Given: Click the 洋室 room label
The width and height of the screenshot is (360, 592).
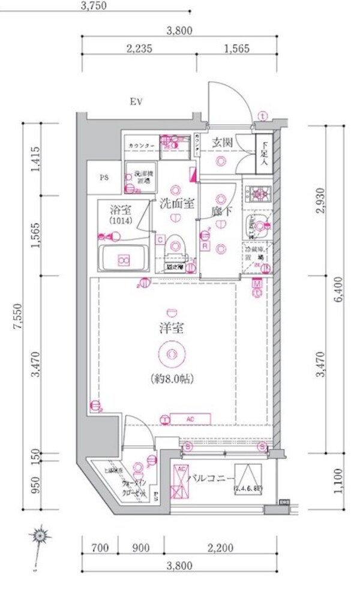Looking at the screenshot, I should [x=171, y=328].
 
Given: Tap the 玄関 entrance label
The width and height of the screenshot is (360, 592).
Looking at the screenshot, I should [x=222, y=143].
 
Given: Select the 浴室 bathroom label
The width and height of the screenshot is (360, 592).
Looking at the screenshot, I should [x=121, y=211].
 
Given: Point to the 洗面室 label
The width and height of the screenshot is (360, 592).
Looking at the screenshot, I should [x=177, y=203].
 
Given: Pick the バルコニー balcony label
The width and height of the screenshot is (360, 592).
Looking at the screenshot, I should [x=208, y=478].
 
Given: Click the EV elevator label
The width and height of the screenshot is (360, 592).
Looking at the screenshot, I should [x=136, y=101].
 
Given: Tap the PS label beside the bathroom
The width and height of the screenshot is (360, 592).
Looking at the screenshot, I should [x=104, y=178].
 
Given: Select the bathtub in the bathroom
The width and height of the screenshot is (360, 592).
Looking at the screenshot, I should [x=123, y=260].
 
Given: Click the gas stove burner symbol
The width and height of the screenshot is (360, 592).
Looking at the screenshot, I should [x=259, y=194].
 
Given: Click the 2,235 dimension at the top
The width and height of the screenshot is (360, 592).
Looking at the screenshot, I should [x=141, y=50].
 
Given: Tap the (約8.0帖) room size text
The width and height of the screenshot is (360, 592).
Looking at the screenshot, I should [x=172, y=379].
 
